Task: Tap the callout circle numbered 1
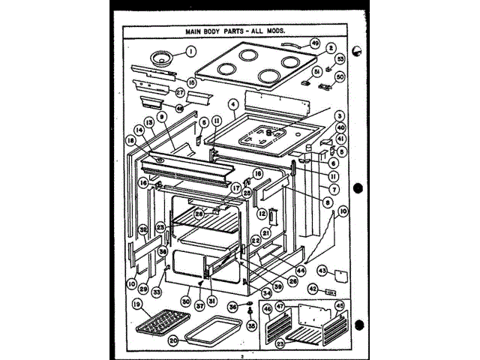[190, 52]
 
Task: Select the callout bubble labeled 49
[315, 43]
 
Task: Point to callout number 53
[340, 58]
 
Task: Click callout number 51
[317, 72]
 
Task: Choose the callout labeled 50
[340, 76]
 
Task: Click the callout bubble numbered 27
[180, 93]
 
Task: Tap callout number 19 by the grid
[137, 304]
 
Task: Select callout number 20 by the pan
[172, 339]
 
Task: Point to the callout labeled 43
[321, 271]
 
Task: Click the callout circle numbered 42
[316, 289]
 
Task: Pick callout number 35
[250, 327]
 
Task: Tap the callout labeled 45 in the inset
[338, 305]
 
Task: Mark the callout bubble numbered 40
[341, 127]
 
